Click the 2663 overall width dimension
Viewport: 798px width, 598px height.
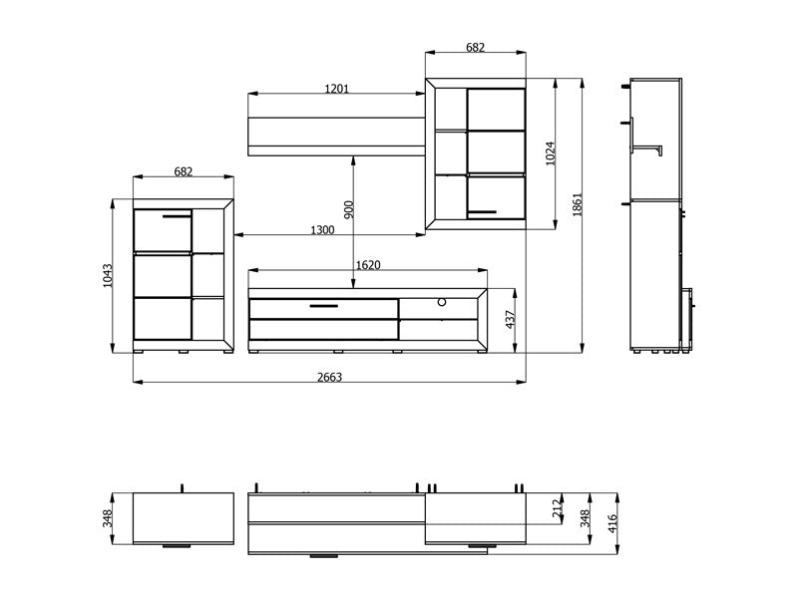(x=330, y=377)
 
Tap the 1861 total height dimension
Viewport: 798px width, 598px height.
(x=577, y=205)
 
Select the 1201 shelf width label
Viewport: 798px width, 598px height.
(x=337, y=89)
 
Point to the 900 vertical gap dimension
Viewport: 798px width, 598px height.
(x=348, y=210)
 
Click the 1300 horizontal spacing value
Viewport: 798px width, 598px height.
(x=322, y=230)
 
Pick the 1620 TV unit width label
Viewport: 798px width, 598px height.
(x=368, y=265)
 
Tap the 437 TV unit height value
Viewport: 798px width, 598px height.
(x=511, y=319)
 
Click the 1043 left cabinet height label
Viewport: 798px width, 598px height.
(x=108, y=276)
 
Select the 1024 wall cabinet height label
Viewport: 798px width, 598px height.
(x=551, y=153)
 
